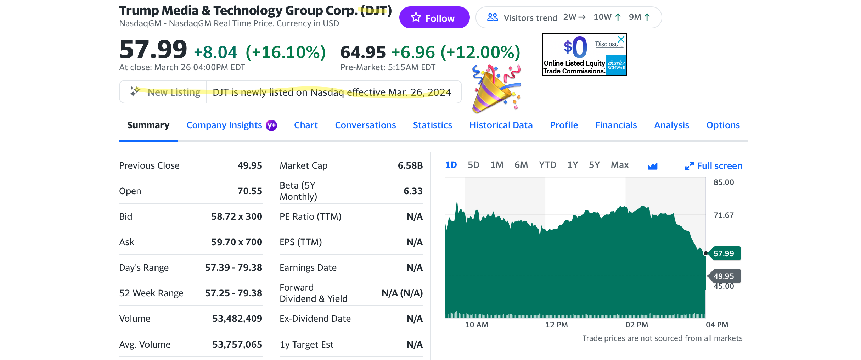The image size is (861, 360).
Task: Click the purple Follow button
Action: (x=434, y=18)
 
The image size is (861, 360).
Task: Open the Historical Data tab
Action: (x=501, y=125)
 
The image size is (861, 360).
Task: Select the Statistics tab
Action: (x=432, y=125)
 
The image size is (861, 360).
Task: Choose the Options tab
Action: (x=723, y=125)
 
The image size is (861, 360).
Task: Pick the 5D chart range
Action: (x=473, y=165)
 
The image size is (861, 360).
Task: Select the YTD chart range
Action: (x=547, y=165)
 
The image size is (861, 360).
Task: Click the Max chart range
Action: (x=619, y=165)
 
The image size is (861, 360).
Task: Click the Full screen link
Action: (x=719, y=166)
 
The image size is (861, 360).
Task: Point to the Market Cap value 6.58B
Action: (x=410, y=165)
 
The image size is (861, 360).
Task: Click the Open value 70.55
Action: (x=249, y=191)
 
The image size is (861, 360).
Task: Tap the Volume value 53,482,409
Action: (x=237, y=319)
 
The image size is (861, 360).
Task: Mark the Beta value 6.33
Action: (x=413, y=191)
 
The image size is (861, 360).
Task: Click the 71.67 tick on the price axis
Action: (x=724, y=215)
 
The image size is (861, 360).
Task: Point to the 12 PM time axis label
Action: (x=556, y=325)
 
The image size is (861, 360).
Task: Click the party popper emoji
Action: (x=496, y=89)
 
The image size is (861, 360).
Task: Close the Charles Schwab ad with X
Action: (x=621, y=39)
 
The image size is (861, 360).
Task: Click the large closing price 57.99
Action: (x=153, y=50)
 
